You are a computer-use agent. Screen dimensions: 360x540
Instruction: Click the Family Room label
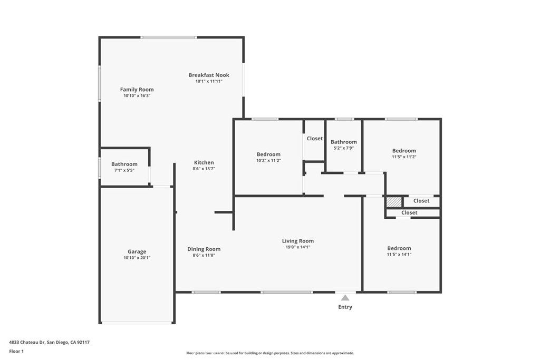137,90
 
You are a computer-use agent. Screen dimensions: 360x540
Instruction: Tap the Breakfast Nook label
209,75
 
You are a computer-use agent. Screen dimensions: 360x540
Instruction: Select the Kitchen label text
204,163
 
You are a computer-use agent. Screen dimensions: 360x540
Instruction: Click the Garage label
137,252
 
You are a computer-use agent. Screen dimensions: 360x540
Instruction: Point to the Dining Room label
204,249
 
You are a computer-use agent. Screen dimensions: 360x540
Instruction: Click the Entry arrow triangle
345,298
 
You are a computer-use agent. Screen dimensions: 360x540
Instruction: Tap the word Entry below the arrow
345,307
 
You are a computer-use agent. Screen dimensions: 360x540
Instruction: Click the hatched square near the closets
393,201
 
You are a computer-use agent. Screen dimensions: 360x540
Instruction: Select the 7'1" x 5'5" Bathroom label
124,164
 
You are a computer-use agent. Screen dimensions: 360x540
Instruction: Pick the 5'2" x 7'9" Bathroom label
343,142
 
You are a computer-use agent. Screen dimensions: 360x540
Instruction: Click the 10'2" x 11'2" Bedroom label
268,154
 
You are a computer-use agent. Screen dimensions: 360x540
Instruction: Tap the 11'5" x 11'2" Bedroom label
404,151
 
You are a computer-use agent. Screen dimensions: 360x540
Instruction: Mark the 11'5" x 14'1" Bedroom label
399,249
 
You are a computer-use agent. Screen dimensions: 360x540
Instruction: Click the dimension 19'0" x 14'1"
297,247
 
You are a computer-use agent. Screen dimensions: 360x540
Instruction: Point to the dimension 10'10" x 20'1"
137,258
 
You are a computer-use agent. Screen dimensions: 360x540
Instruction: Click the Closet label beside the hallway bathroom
314,139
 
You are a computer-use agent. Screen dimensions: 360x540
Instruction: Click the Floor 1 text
16,351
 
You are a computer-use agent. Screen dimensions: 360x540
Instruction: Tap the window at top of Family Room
169,37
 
